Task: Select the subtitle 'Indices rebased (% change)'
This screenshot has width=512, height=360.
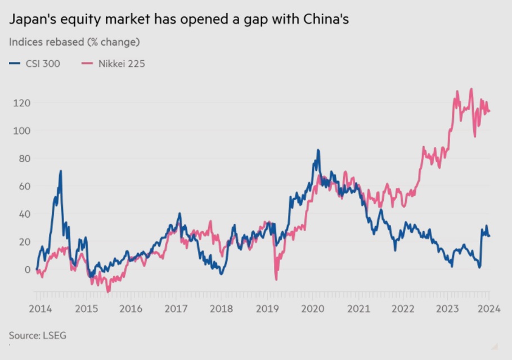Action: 74,42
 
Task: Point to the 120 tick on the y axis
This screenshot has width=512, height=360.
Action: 21,103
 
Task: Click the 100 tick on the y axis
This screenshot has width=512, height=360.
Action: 21,130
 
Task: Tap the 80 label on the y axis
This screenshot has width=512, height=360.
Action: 23,158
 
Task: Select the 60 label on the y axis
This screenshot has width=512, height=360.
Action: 23,186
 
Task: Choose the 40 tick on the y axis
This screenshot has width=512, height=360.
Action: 23,214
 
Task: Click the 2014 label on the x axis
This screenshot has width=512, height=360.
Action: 40,308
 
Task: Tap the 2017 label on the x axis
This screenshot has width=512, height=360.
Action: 176,308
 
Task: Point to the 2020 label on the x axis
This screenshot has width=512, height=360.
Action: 313,308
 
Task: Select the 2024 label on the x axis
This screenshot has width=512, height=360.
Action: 486,308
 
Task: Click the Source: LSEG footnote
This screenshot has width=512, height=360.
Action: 38,335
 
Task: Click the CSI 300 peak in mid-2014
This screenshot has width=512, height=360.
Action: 60,171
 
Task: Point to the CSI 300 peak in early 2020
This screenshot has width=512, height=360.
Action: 318,150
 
